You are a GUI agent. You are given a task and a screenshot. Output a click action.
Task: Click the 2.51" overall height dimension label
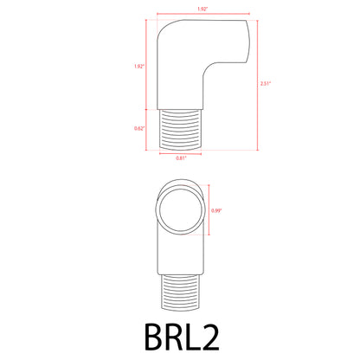click(x=265, y=84)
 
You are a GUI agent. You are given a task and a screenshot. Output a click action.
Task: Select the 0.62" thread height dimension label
click(x=139, y=128)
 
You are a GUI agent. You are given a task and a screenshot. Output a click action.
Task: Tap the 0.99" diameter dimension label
click(x=218, y=208)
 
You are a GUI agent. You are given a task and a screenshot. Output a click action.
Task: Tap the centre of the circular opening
click(x=181, y=208)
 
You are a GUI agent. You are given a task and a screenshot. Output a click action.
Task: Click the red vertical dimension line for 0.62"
click(x=147, y=128)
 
